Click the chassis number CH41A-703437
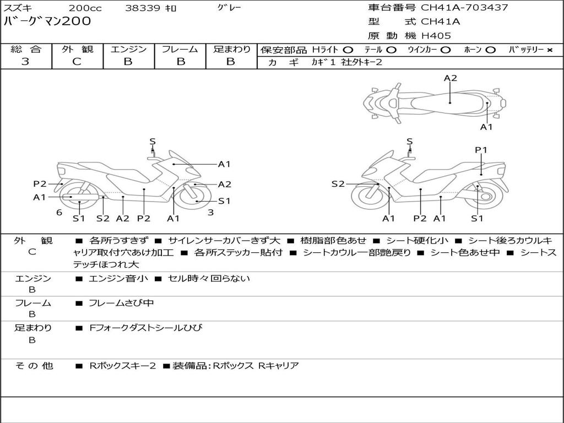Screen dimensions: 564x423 pos(464,8)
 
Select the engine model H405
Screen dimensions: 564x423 pos(436,36)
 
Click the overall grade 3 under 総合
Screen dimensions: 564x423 pos(25,62)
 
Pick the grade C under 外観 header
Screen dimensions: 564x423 pos(77,62)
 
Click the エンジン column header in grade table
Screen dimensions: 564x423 pos(128,49)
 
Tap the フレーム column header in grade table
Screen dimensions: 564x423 pos(180,49)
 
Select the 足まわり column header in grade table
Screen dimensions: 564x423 pos(232,49)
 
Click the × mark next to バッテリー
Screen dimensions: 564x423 pos(549,50)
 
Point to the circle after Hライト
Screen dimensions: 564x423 pos(348,50)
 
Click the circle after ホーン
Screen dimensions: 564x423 pos(491,50)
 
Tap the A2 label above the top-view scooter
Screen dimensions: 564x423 pos(451,78)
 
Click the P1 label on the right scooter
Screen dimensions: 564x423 pos(481,150)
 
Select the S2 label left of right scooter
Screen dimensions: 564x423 pos(338,184)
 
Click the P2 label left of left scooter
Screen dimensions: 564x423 pos(40,184)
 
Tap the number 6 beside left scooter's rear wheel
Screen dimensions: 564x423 pos(59,213)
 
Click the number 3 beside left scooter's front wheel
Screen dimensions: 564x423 pos(210,213)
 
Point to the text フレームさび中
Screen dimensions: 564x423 pos(121,303)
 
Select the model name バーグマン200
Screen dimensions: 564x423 pos(48,21)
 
